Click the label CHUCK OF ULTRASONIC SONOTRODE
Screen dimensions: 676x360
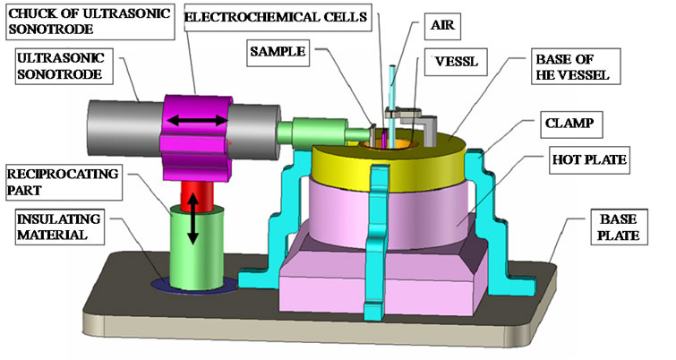(x=90, y=21)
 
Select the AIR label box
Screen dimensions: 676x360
(x=442, y=25)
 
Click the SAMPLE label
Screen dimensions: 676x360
(x=278, y=52)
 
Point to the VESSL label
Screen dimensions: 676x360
(x=456, y=62)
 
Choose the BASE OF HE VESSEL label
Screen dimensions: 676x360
(x=576, y=66)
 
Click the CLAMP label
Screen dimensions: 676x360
(x=571, y=124)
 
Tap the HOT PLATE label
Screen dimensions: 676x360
(x=589, y=160)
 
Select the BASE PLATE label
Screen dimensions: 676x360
(x=619, y=227)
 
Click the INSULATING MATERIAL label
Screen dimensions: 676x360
(x=59, y=227)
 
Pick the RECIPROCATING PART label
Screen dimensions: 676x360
(x=64, y=182)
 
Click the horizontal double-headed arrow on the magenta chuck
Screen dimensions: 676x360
(x=197, y=120)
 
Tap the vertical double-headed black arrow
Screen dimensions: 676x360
(x=193, y=219)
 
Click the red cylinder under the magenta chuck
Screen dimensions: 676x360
(x=197, y=195)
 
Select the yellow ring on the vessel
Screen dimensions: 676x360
(x=388, y=166)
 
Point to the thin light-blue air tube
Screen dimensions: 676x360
(x=393, y=107)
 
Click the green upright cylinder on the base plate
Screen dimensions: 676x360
(x=197, y=248)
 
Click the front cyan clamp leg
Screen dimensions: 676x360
(x=377, y=242)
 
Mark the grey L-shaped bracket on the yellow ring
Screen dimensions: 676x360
(x=430, y=129)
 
